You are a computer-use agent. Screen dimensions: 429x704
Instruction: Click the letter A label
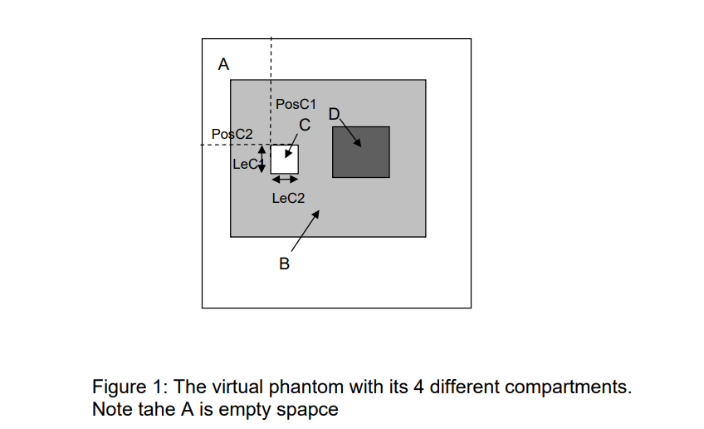pos(222,64)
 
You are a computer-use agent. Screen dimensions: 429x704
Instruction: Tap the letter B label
pos(284,264)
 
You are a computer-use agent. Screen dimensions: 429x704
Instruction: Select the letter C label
pos(305,126)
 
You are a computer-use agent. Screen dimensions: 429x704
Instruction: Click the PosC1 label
pos(296,105)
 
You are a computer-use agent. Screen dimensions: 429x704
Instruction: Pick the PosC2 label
pos(232,134)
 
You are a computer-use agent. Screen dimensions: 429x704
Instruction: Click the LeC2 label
pos(288,198)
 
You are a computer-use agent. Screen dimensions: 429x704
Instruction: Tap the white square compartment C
pos(284,159)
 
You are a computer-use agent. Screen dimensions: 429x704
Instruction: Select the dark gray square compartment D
pos(360,151)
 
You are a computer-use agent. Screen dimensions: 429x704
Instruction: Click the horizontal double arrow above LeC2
pos(285,180)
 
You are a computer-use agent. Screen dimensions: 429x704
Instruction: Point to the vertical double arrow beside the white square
pos(262,159)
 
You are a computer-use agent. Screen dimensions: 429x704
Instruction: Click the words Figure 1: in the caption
pos(122,388)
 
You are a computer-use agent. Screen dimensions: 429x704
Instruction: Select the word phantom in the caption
pos(283,388)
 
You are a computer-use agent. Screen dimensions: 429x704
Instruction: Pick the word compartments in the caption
pos(575,388)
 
